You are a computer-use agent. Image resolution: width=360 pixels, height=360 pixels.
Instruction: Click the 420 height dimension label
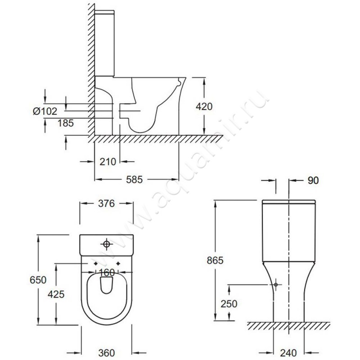click(204, 107)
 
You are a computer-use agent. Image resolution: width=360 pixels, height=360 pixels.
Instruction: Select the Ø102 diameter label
click(45, 111)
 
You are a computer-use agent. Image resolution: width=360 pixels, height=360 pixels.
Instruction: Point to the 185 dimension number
click(65, 123)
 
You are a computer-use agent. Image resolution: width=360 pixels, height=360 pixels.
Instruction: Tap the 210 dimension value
click(108, 162)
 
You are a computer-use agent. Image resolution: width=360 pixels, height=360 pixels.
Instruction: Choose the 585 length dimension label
click(134, 180)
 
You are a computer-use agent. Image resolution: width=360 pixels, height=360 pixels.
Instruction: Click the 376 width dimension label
click(106, 203)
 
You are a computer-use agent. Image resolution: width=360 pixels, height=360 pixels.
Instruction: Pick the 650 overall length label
click(38, 280)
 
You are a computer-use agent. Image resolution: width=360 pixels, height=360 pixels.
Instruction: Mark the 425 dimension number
click(56, 294)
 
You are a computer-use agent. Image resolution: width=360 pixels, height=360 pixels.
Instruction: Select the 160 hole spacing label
click(107, 273)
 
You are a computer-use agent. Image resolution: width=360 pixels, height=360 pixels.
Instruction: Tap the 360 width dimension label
click(107, 353)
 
